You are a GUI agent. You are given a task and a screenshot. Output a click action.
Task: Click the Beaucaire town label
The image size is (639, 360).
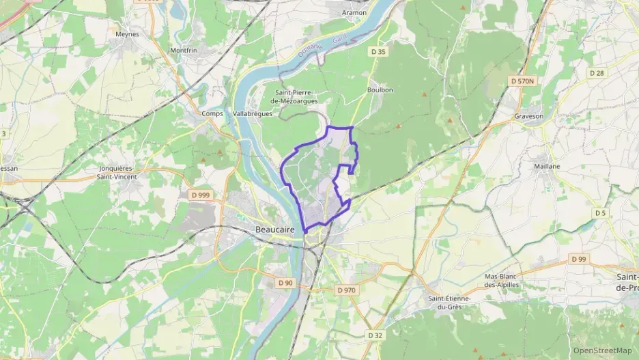[274, 230]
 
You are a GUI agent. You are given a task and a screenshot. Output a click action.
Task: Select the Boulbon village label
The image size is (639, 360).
[380, 89]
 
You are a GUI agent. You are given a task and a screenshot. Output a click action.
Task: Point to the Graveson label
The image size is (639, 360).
[528, 116]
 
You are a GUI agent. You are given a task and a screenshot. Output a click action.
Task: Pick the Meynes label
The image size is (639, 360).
[127, 33]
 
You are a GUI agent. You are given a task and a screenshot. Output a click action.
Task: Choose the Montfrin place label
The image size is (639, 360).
[184, 51]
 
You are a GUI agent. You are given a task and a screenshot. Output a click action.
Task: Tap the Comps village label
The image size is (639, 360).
[213, 113]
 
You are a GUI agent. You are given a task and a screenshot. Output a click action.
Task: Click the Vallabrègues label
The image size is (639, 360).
[253, 113]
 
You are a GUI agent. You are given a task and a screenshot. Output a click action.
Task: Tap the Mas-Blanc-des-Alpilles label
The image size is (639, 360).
[502, 280]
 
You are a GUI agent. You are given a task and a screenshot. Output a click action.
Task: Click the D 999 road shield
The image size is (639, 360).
[199, 195]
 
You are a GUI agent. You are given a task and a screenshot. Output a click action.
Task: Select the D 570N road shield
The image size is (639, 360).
[523, 81]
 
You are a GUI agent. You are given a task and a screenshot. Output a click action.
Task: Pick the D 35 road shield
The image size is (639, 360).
[378, 51]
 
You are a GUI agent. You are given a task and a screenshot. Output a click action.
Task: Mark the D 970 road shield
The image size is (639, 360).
[346, 290]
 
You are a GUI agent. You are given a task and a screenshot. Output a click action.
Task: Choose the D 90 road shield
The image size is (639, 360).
[285, 283]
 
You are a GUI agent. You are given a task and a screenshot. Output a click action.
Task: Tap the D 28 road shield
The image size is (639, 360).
[597, 72]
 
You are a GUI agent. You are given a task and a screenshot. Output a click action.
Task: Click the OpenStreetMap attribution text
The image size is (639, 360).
[603, 350]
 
